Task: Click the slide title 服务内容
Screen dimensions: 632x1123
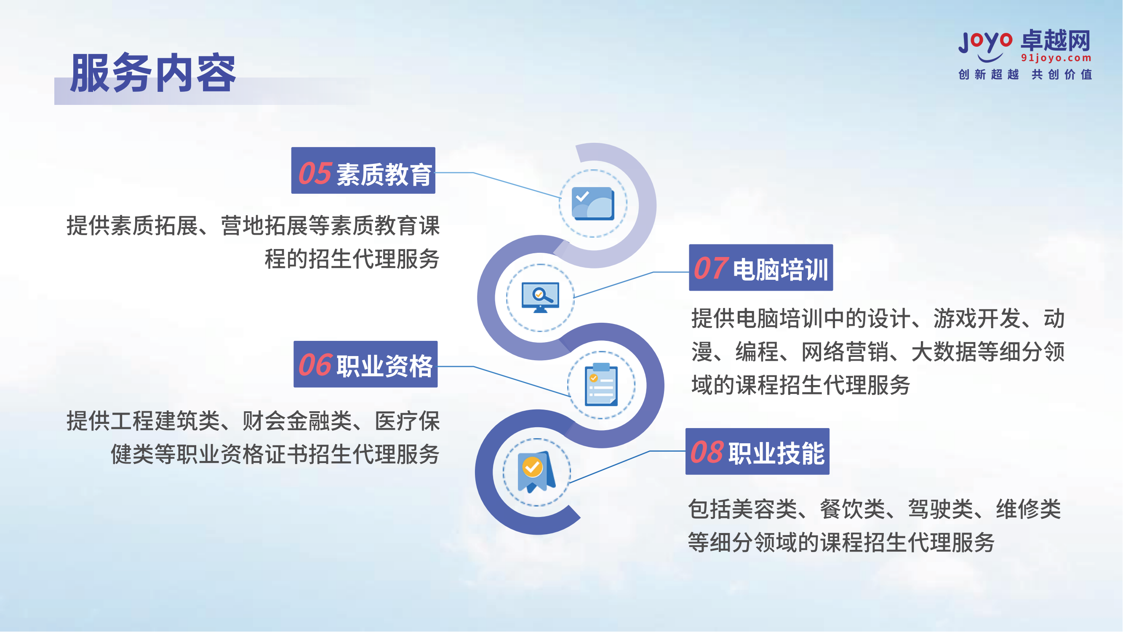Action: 153,73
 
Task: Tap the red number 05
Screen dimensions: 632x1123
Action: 315,173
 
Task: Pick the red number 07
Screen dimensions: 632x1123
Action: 711,268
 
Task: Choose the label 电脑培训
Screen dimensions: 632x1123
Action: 781,270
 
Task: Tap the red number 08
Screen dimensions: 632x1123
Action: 707,452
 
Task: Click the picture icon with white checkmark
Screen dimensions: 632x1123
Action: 593,204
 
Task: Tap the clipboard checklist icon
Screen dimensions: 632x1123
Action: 601,385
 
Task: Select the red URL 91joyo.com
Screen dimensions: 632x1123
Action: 1056,58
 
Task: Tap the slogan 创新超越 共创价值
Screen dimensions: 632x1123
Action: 1025,75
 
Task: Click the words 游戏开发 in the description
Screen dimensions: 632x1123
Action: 977,319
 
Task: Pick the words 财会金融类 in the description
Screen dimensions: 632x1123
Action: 297,421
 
